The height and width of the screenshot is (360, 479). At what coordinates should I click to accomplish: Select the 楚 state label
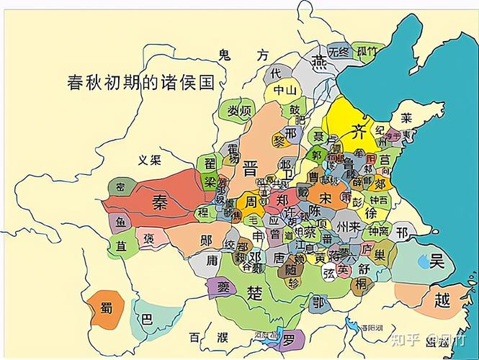(x=255, y=292)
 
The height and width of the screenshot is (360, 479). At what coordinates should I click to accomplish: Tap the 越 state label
(x=442, y=302)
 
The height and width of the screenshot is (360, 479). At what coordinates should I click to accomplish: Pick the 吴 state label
(x=437, y=261)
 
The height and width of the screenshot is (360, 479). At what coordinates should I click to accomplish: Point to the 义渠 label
(x=150, y=159)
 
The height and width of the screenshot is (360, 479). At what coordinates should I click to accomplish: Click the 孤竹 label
(x=366, y=51)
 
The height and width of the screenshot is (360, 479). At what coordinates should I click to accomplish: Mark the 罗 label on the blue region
(x=289, y=338)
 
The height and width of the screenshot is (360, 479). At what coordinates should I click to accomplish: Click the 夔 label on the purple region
(x=220, y=287)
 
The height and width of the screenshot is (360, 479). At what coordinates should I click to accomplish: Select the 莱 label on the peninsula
(x=407, y=117)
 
